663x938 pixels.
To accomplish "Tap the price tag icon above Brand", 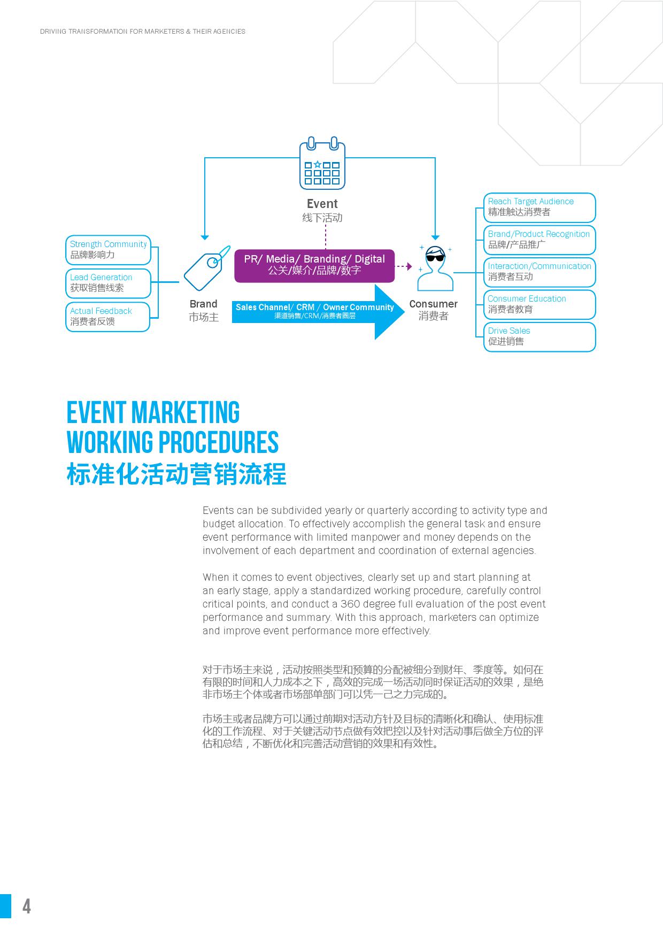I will tap(206, 270).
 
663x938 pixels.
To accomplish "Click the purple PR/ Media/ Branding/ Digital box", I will tap(314, 265).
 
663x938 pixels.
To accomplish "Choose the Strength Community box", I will tap(108, 250).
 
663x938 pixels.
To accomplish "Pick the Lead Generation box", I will tap(108, 283).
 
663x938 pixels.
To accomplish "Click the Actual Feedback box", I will tap(107, 317).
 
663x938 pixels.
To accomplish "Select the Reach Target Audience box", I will tap(539, 207).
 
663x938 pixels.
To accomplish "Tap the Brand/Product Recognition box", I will tap(539, 240).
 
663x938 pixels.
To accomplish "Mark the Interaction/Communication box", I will tap(539, 272).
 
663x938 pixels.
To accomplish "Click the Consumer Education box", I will tap(539, 304).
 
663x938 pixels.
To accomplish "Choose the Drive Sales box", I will tap(539, 336).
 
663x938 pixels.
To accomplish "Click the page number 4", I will tap(27, 906).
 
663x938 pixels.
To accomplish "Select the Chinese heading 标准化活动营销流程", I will tap(176, 474).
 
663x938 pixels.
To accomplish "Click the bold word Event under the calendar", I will tap(322, 204).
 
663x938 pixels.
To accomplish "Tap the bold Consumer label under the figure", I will tap(433, 304).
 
